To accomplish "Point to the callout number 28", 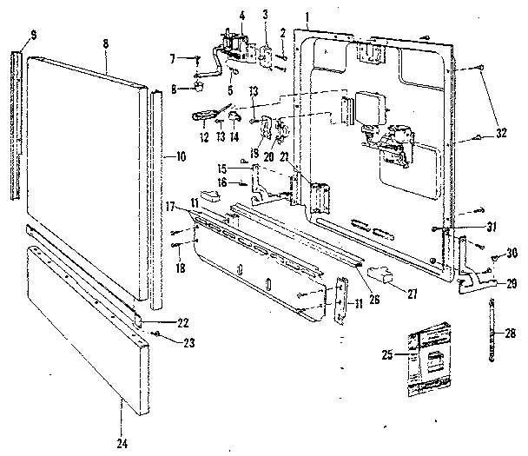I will [511, 331].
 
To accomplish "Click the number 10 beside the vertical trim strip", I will [181, 157].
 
